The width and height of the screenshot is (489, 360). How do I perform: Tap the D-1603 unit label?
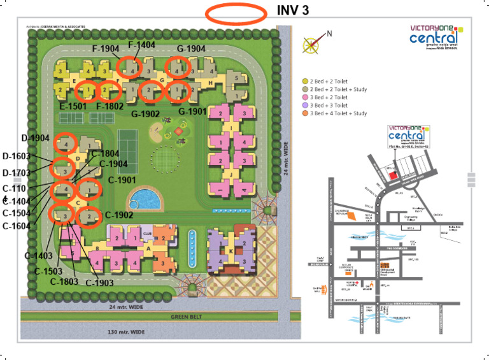coord(17,156)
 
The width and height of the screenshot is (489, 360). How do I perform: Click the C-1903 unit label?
coord(99,282)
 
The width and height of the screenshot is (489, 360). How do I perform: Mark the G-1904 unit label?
coord(191,49)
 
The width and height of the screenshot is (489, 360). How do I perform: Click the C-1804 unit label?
coord(105,154)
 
